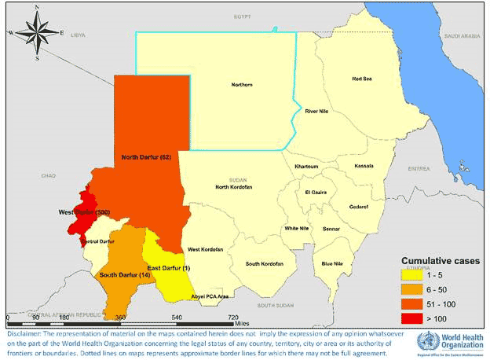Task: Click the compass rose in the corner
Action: tap(36, 32)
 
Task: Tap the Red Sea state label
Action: tap(362, 79)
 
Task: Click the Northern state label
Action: tap(242, 85)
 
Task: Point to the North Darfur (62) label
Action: tap(146, 158)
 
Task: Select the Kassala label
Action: tap(364, 166)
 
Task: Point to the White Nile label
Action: tap(296, 229)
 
